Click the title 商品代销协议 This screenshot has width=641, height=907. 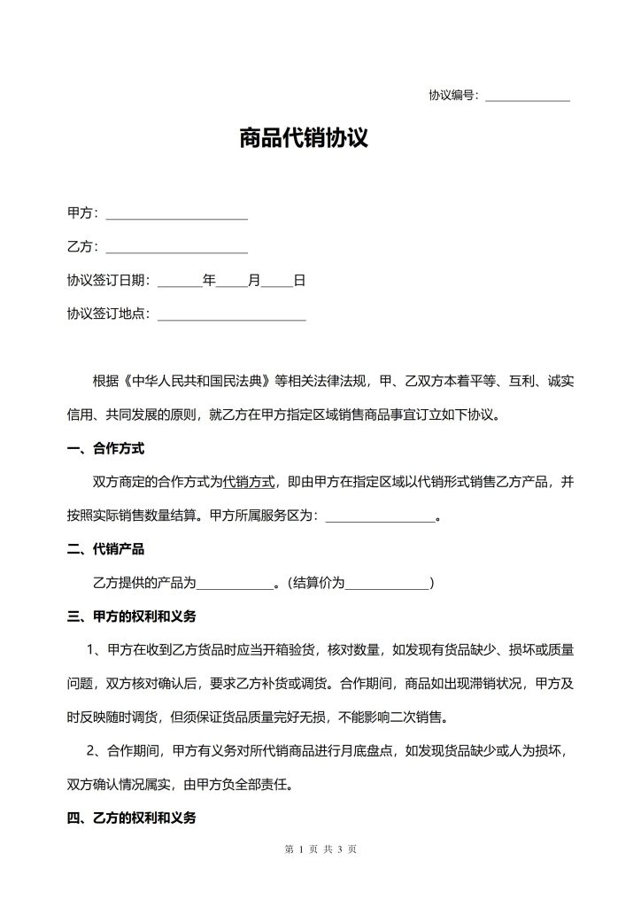tap(304, 138)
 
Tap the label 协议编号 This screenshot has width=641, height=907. tap(452, 95)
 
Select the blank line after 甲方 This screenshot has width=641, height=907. tap(176, 214)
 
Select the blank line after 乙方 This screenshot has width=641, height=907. tap(176, 248)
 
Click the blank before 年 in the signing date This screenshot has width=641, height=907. tap(180, 282)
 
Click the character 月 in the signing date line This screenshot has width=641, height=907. tap(254, 281)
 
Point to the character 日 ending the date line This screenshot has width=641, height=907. tap(299, 281)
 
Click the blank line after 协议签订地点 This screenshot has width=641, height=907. tap(231, 315)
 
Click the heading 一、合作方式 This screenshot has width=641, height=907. tap(105, 448)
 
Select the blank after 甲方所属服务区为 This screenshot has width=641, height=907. tap(381, 516)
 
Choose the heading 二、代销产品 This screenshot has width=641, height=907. tap(105, 549)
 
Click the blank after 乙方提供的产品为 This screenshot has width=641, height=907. tap(236, 584)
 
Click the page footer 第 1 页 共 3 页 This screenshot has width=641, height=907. tap(320, 849)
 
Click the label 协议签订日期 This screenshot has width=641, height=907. tap(109, 281)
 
